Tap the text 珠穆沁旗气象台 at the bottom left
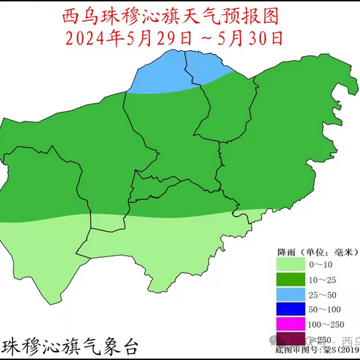(x=71, y=346)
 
